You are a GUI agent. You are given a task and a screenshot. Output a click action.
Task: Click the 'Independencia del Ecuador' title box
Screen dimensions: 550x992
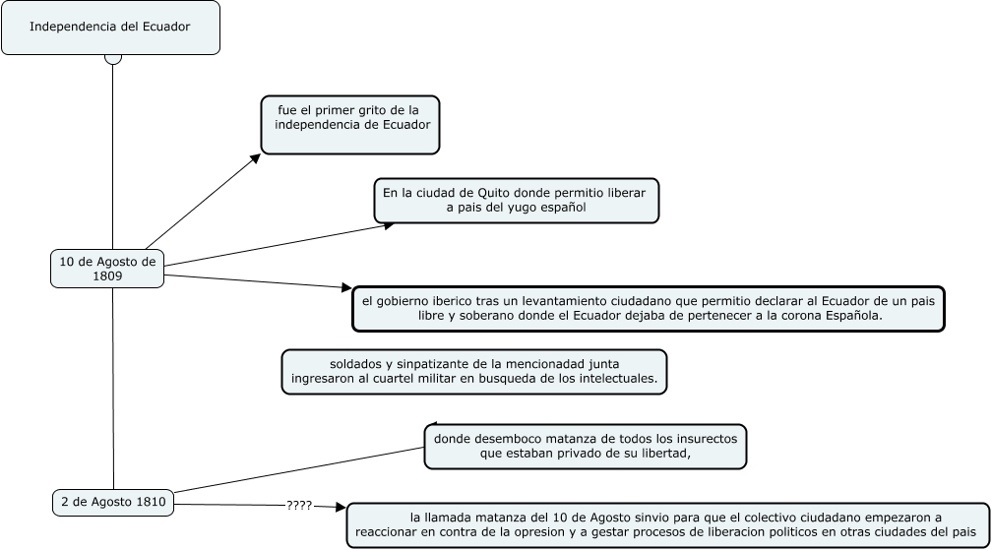pyautogui.click(x=110, y=27)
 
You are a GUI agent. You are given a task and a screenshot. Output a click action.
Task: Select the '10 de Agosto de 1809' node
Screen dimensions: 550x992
pyautogui.click(x=107, y=269)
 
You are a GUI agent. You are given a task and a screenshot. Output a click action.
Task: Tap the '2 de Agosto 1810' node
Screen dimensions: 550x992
pyautogui.click(x=113, y=502)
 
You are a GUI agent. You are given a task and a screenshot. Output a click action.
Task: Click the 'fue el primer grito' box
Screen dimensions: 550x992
pyautogui.click(x=350, y=124)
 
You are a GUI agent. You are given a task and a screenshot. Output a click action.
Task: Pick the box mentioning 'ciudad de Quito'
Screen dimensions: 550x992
pyautogui.click(x=516, y=200)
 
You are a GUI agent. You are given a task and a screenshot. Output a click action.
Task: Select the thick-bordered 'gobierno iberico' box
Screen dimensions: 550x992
pyautogui.click(x=649, y=308)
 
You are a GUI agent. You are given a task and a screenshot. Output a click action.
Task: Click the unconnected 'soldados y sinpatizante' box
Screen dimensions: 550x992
pyautogui.click(x=474, y=372)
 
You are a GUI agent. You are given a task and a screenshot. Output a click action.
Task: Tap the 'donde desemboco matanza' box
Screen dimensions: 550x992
pyautogui.click(x=586, y=446)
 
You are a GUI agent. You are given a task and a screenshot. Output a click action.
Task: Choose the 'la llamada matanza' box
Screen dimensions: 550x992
pyautogui.click(x=668, y=524)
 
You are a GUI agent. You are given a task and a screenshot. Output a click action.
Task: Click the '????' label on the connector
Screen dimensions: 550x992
pyautogui.click(x=299, y=506)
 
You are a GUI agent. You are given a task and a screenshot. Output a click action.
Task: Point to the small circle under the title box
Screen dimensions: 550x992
pyautogui.click(x=113, y=58)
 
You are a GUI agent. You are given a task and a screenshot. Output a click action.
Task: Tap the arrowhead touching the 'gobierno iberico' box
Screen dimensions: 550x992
pyautogui.click(x=345, y=289)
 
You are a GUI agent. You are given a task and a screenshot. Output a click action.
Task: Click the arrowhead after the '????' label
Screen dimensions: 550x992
pyautogui.click(x=341, y=508)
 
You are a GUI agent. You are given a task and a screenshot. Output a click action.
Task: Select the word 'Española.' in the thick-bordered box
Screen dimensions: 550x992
pyautogui.click(x=851, y=316)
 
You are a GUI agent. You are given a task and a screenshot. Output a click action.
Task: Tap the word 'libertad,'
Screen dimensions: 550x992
pyautogui.click(x=663, y=454)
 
